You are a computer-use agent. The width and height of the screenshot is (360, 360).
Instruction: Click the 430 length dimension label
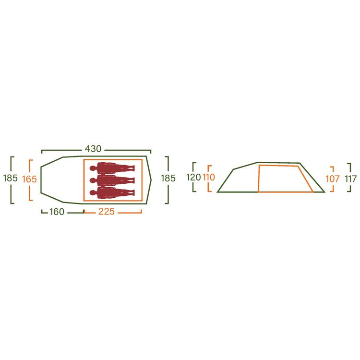coord(93,149)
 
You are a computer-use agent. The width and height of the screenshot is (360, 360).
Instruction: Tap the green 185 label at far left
coord(11,178)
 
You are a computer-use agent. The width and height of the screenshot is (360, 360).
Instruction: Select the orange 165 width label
coord(29,179)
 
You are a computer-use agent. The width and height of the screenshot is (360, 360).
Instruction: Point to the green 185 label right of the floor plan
coord(168,178)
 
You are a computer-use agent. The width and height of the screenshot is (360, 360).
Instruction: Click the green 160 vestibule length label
coord(57,212)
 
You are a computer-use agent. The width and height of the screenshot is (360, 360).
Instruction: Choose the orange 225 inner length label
coord(107,212)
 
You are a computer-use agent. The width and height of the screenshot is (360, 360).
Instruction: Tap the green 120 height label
coord(193,177)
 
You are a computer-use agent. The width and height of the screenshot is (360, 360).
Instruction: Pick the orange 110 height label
coord(209,177)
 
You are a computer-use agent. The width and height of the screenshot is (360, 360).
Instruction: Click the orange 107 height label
coord(333,179)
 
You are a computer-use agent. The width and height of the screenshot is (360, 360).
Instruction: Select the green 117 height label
coord(350,179)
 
